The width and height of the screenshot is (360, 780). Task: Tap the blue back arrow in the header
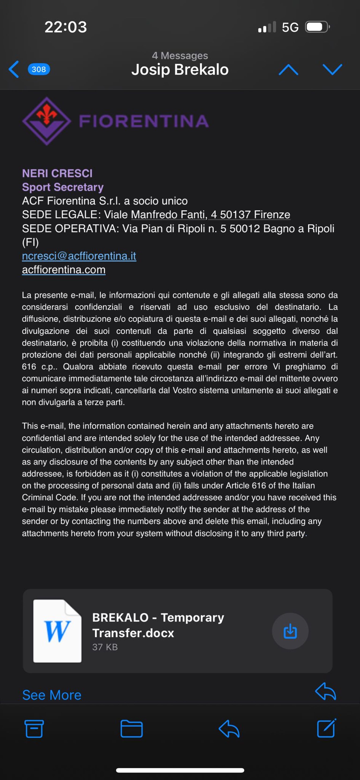pyautogui.click(x=14, y=69)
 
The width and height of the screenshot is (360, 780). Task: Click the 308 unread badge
pyautogui.click(x=39, y=69)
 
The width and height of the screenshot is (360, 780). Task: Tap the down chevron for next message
pyautogui.click(x=332, y=69)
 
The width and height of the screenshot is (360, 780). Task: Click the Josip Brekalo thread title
pyautogui.click(x=180, y=70)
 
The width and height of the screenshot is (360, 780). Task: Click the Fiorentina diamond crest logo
pyautogui.click(x=46, y=121)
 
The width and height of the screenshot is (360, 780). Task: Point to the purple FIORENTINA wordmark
pyautogui.click(x=144, y=121)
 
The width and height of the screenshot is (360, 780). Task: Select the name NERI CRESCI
pyautogui.click(x=57, y=173)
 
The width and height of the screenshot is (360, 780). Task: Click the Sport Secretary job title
pyautogui.click(x=63, y=187)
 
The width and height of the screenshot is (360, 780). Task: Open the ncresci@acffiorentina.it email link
pyautogui.click(x=79, y=256)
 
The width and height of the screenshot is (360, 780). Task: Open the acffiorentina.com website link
pyautogui.click(x=64, y=269)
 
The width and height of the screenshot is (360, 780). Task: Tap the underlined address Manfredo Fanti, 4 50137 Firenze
pyautogui.click(x=210, y=215)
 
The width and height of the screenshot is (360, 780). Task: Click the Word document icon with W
pyautogui.click(x=57, y=631)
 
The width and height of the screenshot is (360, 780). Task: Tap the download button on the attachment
pyautogui.click(x=290, y=631)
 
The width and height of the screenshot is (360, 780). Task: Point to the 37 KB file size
pyautogui.click(x=105, y=647)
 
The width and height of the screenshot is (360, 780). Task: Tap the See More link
pyautogui.click(x=52, y=695)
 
